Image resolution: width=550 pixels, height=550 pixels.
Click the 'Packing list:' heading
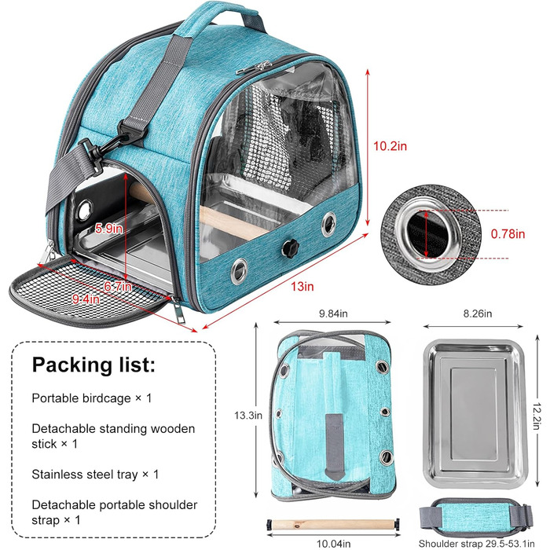[x=93, y=365]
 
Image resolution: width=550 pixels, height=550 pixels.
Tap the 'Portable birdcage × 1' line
[x=92, y=398]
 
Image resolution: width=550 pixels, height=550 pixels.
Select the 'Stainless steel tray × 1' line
[x=95, y=474]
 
